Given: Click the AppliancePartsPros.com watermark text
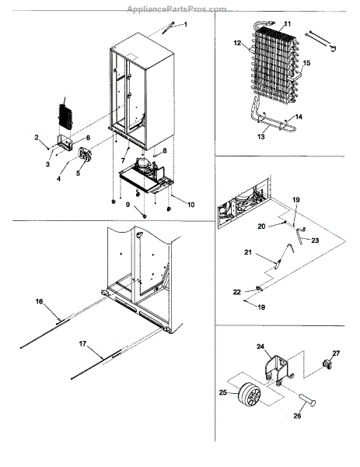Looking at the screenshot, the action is click(x=177, y=9).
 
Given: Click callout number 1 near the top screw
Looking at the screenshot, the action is click(x=186, y=24).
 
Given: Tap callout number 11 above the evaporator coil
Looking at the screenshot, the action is click(x=287, y=23).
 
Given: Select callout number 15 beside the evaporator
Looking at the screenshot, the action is click(x=306, y=63).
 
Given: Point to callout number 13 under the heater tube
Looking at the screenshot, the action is click(x=260, y=137).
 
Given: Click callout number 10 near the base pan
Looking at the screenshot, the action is click(x=190, y=205).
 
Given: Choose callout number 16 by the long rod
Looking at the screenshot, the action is click(x=40, y=301).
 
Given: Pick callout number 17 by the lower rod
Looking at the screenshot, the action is click(x=82, y=344).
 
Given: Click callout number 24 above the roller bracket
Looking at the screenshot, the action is click(x=260, y=346).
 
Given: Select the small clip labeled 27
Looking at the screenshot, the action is click(x=327, y=364).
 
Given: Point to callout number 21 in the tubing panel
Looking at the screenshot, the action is click(x=248, y=252).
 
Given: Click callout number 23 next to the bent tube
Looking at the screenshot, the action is click(x=315, y=240).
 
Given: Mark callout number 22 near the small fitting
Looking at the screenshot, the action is click(x=236, y=292).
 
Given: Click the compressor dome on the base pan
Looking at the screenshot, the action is click(x=142, y=163).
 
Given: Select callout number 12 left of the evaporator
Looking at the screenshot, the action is click(x=237, y=43).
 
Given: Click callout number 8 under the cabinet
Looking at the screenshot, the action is click(x=165, y=151).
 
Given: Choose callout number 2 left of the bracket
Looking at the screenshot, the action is click(x=37, y=137).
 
